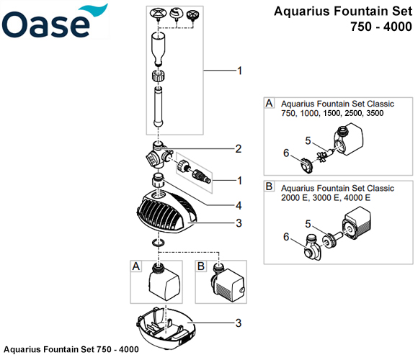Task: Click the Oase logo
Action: (x=55, y=22)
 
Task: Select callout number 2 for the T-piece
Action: (x=239, y=149)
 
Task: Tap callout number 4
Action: (x=239, y=206)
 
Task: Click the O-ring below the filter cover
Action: (x=159, y=243)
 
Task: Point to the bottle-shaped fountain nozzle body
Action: (x=158, y=49)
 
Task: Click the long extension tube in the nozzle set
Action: (x=159, y=107)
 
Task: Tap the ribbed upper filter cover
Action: (x=166, y=212)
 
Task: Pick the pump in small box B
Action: (x=228, y=282)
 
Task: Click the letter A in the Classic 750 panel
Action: (x=270, y=103)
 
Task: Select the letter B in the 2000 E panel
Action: (x=269, y=186)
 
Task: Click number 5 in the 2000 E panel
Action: (x=308, y=224)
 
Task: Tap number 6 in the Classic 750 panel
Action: (x=286, y=153)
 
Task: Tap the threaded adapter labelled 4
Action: (x=159, y=181)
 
